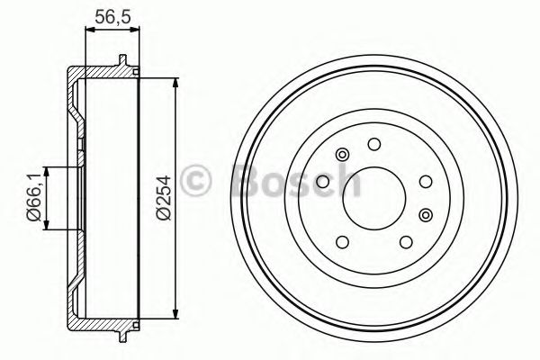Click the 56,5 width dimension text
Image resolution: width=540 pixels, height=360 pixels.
(112, 16)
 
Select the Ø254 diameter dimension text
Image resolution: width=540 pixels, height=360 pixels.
(163, 197)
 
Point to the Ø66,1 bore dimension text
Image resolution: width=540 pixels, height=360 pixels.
(34, 198)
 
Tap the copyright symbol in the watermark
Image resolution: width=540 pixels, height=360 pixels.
(195, 180)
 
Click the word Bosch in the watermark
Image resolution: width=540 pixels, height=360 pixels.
(296, 181)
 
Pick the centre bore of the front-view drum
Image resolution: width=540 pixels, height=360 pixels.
(373, 198)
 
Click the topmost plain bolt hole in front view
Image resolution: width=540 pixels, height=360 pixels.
(374, 144)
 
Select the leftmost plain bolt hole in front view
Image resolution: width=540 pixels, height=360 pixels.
(323, 182)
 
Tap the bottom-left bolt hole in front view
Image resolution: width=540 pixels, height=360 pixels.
(342, 242)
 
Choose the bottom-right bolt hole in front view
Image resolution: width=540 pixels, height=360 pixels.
(406, 242)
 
